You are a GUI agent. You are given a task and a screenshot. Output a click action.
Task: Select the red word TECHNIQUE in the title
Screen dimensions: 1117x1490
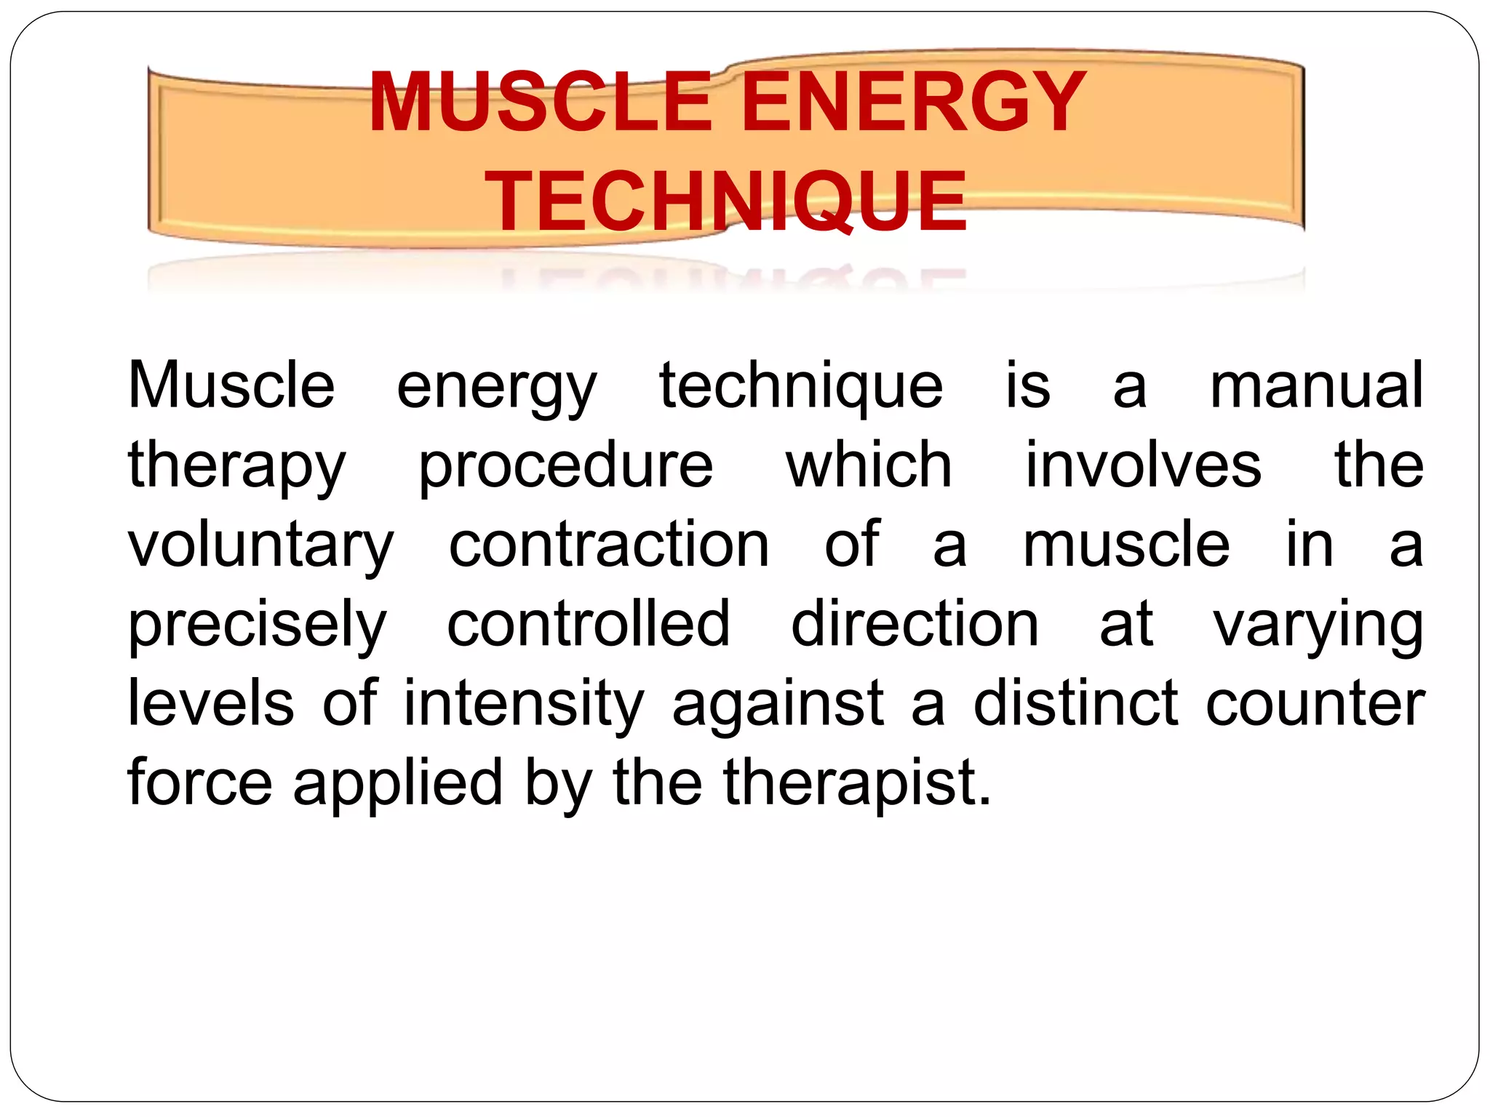click(727, 201)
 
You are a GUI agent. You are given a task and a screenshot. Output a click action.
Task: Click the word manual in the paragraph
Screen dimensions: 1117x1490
click(1316, 385)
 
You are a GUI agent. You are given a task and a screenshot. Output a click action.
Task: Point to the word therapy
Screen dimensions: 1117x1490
click(236, 466)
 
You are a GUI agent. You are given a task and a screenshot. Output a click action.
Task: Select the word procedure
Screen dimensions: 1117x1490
click(565, 465)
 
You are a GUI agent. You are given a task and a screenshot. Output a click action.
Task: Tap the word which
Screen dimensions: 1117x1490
click(869, 465)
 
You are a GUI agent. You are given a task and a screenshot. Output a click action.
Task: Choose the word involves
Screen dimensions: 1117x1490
click(1143, 465)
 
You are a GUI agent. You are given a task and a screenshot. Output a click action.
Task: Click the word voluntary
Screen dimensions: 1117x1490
click(260, 545)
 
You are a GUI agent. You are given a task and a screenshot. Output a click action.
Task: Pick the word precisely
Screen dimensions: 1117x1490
click(257, 625)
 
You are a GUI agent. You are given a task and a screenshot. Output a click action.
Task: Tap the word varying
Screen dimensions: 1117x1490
click(1318, 625)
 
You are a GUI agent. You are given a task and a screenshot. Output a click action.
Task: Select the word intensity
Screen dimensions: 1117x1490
click(524, 704)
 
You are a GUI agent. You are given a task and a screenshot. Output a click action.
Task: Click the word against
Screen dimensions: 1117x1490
click(778, 704)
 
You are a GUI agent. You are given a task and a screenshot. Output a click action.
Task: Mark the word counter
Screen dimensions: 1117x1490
click(1315, 704)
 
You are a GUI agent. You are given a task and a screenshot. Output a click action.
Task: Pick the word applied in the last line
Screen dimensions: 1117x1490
click(397, 783)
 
